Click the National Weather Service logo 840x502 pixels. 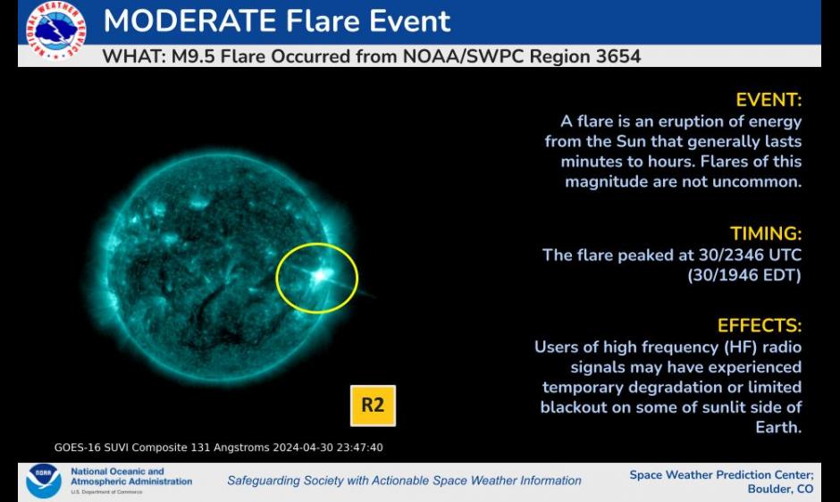pyautogui.click(x=55, y=29)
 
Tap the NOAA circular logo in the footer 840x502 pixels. pyautogui.click(x=44, y=481)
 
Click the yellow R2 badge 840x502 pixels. pyautogui.click(x=373, y=406)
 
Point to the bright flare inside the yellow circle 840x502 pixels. pyautogui.click(x=320, y=276)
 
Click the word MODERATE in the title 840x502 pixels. pyautogui.click(x=190, y=21)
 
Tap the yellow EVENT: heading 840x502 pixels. pyautogui.click(x=769, y=100)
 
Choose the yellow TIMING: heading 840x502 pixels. pyautogui.click(x=766, y=234)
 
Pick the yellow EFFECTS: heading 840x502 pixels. pyautogui.click(x=760, y=325)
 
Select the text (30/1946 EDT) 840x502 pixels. pyautogui.click(x=744, y=275)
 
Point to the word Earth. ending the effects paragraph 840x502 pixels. pyautogui.click(x=778, y=427)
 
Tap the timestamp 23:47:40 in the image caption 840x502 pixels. pyautogui.click(x=359, y=448)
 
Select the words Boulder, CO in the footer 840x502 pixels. pyautogui.click(x=780, y=489)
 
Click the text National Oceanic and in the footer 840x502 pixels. pyautogui.click(x=117, y=472)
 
